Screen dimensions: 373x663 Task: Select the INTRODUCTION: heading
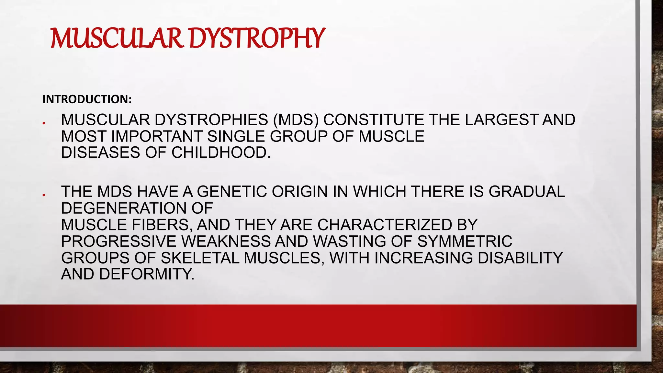pyautogui.click(x=87, y=99)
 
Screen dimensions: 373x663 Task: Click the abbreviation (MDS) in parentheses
pyautogui.click(x=296, y=120)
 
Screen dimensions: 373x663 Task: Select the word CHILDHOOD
pyautogui.click(x=221, y=153)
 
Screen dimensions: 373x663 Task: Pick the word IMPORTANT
pyautogui.click(x=157, y=136)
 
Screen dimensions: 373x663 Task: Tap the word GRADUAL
pyautogui.click(x=527, y=192)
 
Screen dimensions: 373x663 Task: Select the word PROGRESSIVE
pyautogui.click(x=119, y=241)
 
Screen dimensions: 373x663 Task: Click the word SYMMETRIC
pyautogui.click(x=465, y=241)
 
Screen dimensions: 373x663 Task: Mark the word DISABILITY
pyautogui.click(x=520, y=258)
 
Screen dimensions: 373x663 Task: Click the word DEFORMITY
pyautogui.click(x=147, y=274)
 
